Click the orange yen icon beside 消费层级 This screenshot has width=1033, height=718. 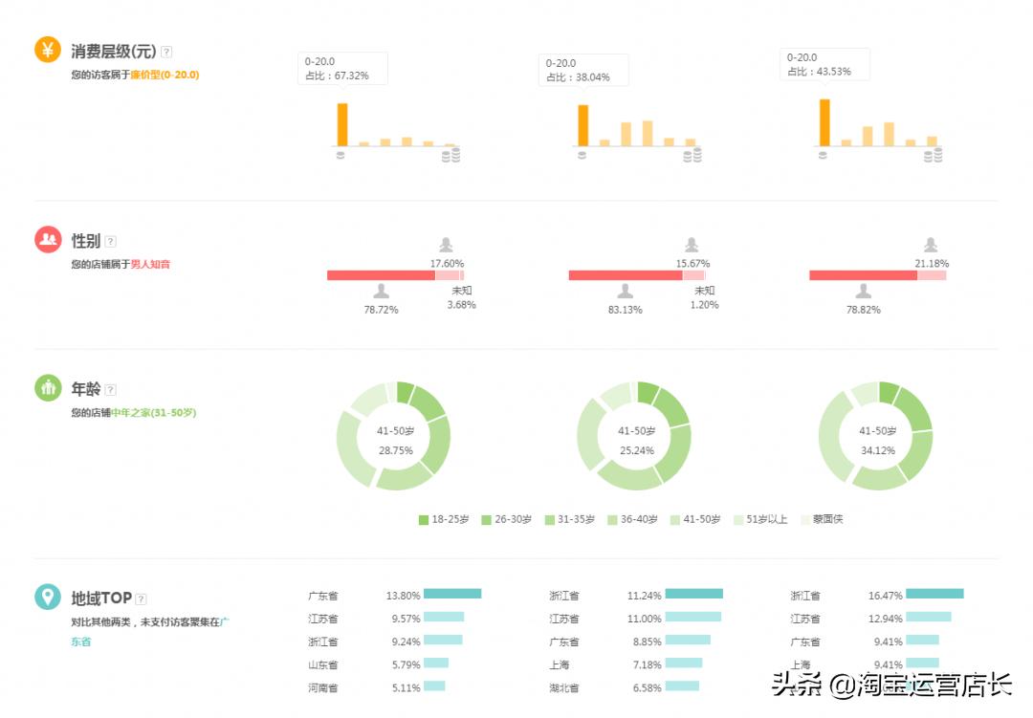tap(48, 49)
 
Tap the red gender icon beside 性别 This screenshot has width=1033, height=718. tap(48, 239)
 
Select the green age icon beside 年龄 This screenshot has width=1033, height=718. tap(48, 388)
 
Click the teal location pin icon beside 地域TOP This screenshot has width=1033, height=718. tap(48, 598)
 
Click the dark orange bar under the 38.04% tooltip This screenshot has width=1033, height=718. tap(582, 125)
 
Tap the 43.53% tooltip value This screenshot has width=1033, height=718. tap(831, 72)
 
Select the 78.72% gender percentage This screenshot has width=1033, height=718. tap(381, 310)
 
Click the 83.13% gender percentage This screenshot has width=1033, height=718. tap(625, 310)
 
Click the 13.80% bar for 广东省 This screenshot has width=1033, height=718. tap(451, 594)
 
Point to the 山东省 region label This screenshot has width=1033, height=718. tap(323, 664)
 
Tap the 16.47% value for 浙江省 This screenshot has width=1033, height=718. tap(885, 596)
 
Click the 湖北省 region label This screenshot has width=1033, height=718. tap(564, 687)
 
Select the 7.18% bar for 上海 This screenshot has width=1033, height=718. tap(684, 664)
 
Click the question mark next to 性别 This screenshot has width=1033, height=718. tap(110, 242)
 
